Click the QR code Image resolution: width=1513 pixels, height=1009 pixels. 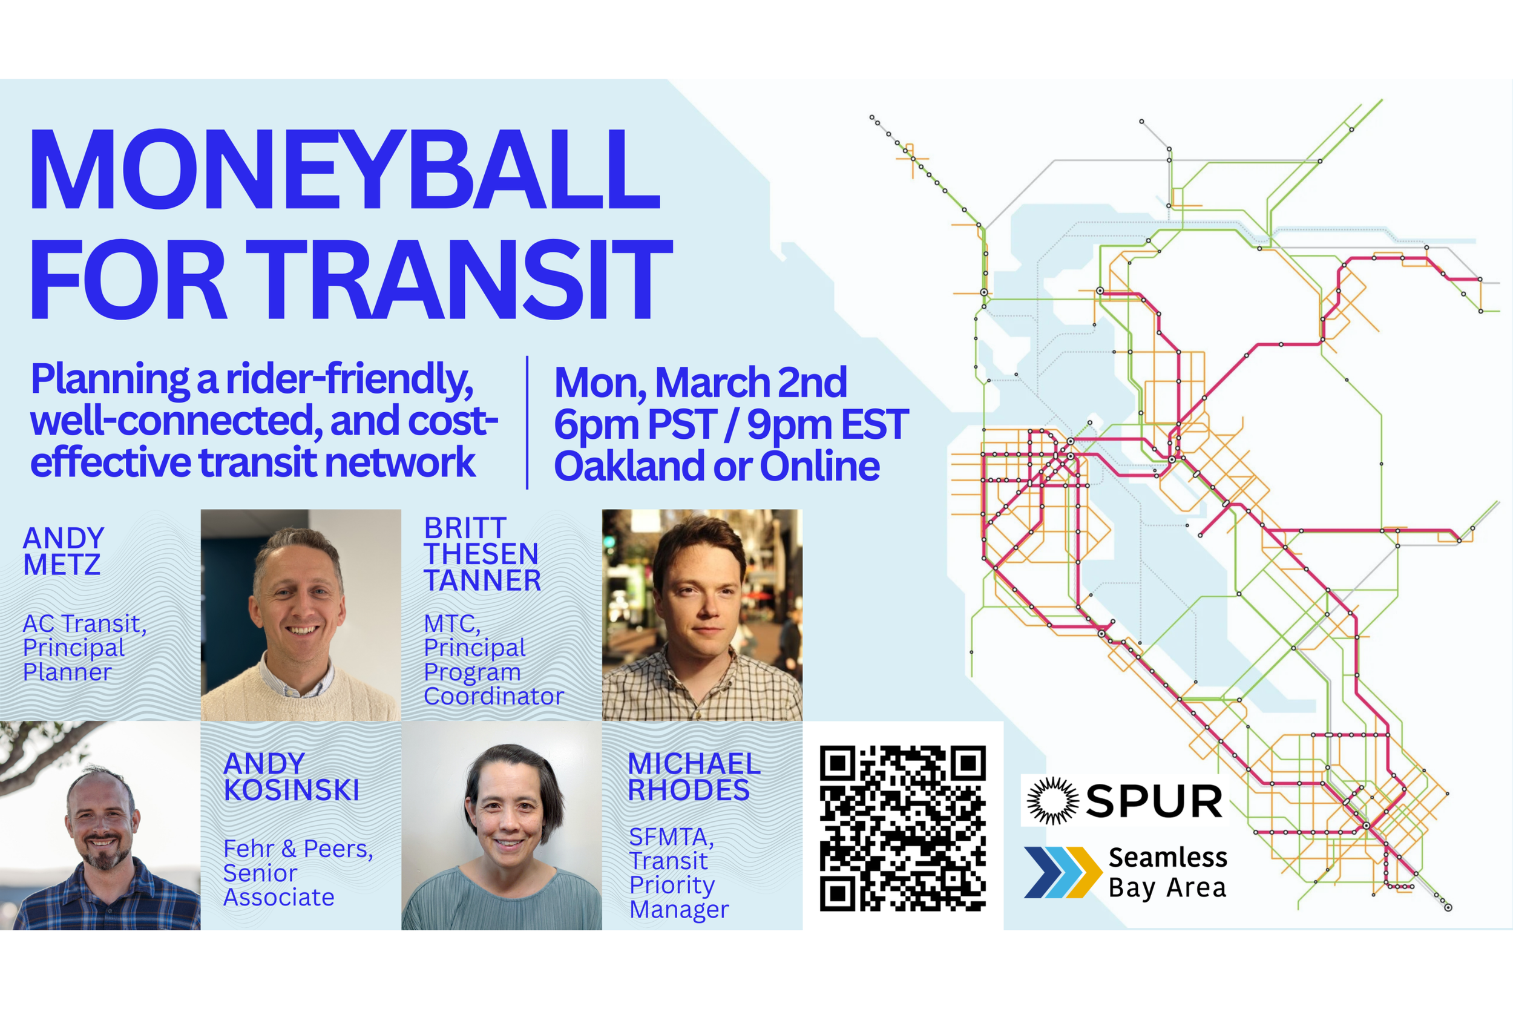(x=902, y=827)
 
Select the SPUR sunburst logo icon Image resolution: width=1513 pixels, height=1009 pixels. (x=1052, y=801)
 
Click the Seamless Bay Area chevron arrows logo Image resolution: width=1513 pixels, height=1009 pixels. (x=1062, y=873)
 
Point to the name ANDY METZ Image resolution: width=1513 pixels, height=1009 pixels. (x=63, y=551)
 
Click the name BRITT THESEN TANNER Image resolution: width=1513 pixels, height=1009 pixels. (x=482, y=554)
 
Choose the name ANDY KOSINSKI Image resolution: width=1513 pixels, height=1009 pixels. (x=290, y=777)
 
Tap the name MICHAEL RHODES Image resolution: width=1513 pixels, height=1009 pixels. (x=694, y=777)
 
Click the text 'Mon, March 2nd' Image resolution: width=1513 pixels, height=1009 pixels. (x=700, y=383)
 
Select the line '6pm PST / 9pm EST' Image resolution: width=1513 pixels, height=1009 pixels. (x=730, y=425)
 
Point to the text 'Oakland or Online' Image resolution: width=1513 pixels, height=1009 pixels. (x=716, y=466)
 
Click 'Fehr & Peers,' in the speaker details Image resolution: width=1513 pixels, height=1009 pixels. (x=298, y=849)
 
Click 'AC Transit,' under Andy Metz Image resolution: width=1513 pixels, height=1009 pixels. (x=84, y=623)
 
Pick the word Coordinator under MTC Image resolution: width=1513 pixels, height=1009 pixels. (x=493, y=696)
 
